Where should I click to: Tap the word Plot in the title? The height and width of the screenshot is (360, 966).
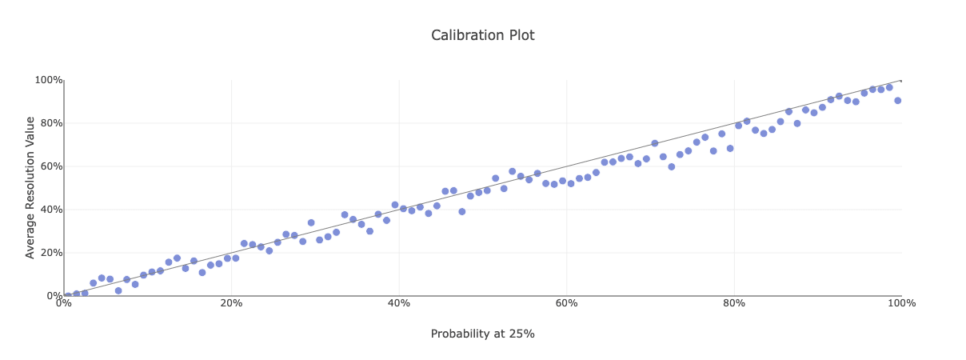coord(520,35)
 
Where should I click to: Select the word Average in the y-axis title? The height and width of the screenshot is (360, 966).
coord(30,238)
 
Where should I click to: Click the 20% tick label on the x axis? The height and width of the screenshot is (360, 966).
coord(231,303)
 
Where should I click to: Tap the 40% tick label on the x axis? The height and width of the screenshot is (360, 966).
coord(399,303)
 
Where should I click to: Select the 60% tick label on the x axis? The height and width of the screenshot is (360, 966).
coord(566,303)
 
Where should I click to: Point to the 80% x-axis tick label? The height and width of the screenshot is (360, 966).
coord(734,303)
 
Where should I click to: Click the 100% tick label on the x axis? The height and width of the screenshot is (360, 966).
coord(901,303)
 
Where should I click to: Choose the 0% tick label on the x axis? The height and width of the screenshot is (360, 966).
coord(64,303)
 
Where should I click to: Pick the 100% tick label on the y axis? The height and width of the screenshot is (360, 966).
coord(48,80)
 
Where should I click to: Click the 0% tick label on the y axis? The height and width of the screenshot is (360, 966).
coord(53,296)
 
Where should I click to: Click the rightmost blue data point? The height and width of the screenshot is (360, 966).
coord(897,101)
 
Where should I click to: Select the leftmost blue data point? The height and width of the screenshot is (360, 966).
coord(68,296)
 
